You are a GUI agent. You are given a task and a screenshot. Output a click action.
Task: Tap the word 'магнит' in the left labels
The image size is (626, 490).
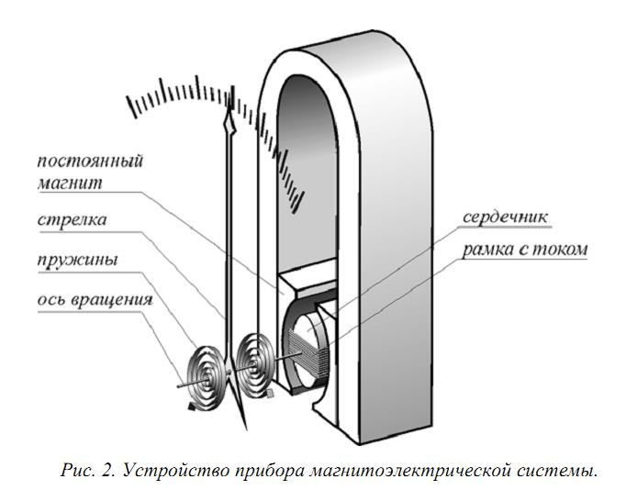pos(70,184)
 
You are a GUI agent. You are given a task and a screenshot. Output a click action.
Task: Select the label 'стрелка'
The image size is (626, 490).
pos(73,220)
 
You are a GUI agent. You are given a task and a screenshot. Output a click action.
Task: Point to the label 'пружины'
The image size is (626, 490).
pos(77,261)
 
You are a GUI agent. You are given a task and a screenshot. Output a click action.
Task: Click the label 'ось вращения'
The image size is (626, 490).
pos(95,300)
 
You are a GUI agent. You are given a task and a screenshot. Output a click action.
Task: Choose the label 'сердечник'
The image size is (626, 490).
pos(505,217)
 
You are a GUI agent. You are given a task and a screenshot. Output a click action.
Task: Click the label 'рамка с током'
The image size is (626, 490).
pos(525,250)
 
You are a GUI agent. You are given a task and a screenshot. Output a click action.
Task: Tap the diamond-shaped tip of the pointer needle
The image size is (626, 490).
pos(229,124)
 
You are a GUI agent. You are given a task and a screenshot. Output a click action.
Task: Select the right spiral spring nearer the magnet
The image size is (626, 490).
pos(254,365)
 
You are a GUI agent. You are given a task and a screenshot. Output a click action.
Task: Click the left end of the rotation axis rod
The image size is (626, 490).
pos(178,386)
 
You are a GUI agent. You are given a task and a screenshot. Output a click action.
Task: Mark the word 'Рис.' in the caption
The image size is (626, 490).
pos(77,470)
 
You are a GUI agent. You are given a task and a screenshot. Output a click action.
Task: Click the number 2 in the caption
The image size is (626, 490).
pos(106,470)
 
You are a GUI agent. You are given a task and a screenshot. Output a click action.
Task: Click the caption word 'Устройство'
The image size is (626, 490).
pos(175,471)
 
